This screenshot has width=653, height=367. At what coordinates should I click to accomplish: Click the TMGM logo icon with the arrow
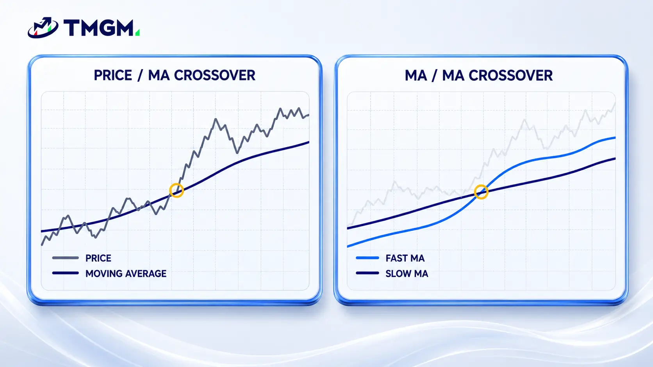click(43, 28)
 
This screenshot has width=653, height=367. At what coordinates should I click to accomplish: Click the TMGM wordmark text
click(98, 28)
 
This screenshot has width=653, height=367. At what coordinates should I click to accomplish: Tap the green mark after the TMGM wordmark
click(137, 32)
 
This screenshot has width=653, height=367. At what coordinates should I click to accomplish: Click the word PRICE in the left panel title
click(113, 75)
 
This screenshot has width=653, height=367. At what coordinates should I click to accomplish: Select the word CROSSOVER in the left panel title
click(214, 75)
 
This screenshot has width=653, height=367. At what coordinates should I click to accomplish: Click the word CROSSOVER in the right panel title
click(510, 75)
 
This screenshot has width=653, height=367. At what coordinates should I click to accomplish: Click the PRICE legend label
click(98, 258)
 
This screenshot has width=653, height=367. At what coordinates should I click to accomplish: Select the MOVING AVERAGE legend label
click(126, 273)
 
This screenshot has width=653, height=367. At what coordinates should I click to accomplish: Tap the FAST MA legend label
click(405, 258)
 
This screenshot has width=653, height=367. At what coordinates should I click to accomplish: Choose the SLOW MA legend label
click(407, 273)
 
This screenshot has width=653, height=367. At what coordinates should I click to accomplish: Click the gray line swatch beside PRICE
click(65, 258)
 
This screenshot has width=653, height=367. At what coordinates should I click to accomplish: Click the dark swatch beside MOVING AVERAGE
click(65, 273)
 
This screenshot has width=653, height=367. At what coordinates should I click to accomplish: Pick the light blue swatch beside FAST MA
click(367, 258)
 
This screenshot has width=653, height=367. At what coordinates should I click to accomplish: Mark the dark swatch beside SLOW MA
click(367, 273)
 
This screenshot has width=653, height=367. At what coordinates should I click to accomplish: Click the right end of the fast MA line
click(615, 138)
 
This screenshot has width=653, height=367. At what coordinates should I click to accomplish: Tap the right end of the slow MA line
click(615, 159)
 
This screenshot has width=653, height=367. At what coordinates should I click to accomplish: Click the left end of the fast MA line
click(348, 246)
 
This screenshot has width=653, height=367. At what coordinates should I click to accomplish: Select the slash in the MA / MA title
click(434, 75)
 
